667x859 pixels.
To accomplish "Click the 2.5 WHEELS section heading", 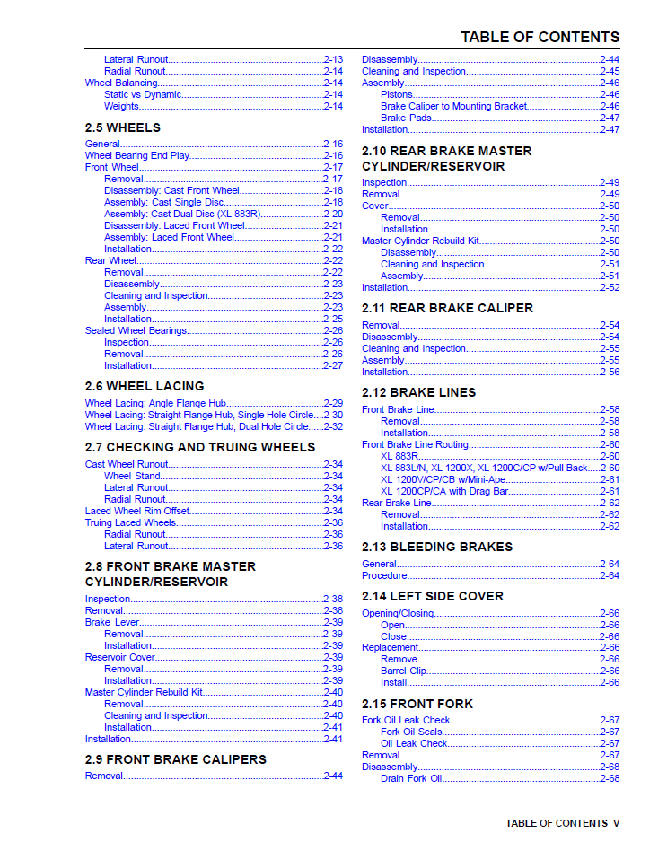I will pyautogui.click(x=123, y=127).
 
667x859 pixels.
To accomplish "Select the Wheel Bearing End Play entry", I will pyautogui.click(x=137, y=155).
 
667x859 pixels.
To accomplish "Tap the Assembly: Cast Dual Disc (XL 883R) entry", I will pyautogui.click(x=183, y=214).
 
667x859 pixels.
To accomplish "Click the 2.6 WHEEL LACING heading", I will pyautogui.click(x=145, y=386).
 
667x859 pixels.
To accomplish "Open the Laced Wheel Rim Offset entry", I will pyautogui.click(x=137, y=511).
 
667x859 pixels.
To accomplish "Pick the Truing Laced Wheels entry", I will pyautogui.click(x=131, y=522).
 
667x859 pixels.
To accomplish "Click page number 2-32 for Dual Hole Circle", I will pyautogui.click(x=332, y=426).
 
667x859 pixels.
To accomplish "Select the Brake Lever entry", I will pyautogui.click(x=112, y=622).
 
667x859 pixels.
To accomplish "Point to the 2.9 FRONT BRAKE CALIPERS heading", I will pyautogui.click(x=176, y=759).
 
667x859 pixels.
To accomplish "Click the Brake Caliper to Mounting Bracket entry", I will pyautogui.click(x=453, y=106).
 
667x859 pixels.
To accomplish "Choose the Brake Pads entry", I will pyautogui.click(x=406, y=118).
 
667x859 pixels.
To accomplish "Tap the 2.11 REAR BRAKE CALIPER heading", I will pyautogui.click(x=447, y=308).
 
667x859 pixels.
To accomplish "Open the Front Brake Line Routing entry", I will pyautogui.click(x=415, y=444).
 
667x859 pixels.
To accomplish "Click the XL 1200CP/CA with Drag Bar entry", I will pyautogui.click(x=444, y=491).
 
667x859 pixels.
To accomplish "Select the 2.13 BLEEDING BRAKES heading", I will pyautogui.click(x=437, y=547).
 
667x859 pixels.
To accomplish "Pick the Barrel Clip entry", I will pyautogui.click(x=403, y=671).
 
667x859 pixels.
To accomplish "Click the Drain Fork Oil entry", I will pyautogui.click(x=411, y=778).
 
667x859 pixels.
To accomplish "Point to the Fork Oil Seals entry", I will pyautogui.click(x=411, y=732).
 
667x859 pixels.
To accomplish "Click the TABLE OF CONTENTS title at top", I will pyautogui.click(x=540, y=37).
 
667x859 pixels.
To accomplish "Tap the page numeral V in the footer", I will pyautogui.click(x=616, y=823).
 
